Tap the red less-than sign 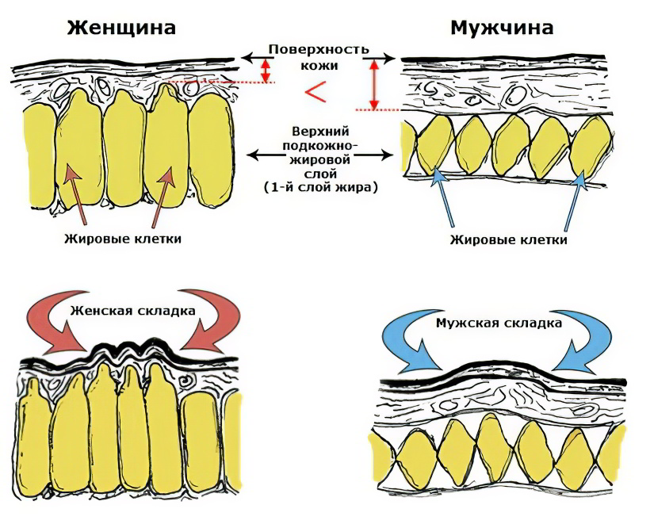click(316, 92)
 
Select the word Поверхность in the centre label click(318, 49)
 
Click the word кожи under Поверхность click(318, 65)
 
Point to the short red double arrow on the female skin click(266, 71)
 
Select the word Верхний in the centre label click(319, 130)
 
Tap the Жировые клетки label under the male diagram click(508, 239)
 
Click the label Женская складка click(132, 311)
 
